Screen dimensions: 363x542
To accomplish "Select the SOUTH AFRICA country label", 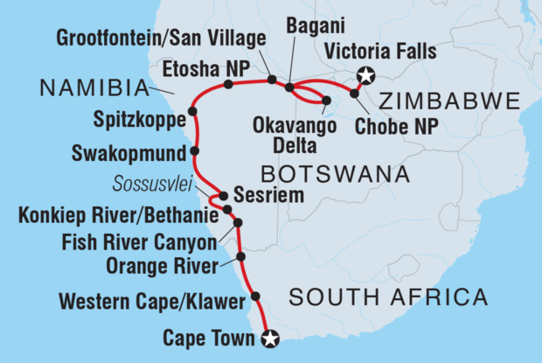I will point(388,298).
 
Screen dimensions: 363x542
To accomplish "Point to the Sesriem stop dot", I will point(224,197).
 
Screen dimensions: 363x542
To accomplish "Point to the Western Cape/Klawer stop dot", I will point(255,297).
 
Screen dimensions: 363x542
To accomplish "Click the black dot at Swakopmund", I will point(194,150).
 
